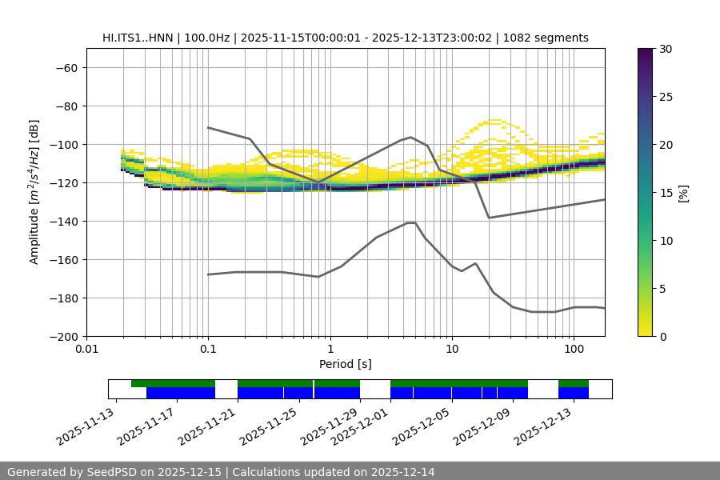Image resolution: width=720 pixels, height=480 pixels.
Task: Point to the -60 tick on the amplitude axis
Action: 66,68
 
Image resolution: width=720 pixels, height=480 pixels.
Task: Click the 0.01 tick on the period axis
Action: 86,350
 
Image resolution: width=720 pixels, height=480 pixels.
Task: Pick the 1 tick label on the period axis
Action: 330,350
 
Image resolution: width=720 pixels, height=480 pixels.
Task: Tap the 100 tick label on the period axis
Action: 573,350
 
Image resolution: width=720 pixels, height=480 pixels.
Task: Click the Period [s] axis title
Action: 346,364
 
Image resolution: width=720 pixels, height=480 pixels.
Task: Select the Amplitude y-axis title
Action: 34,192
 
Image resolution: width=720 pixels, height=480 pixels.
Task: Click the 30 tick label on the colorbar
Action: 665,49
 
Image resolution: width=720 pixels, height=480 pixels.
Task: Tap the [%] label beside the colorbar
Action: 683,193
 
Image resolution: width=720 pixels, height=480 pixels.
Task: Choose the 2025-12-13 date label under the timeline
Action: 544,426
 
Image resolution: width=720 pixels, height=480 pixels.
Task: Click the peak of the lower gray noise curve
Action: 411,222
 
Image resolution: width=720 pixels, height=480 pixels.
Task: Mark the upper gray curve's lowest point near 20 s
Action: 489,218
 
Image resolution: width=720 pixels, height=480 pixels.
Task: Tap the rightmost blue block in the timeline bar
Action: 574,393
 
